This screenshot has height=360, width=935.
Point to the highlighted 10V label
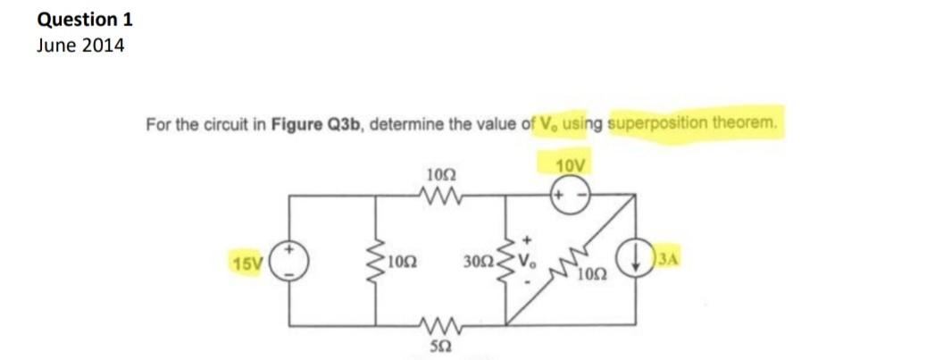572,166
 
